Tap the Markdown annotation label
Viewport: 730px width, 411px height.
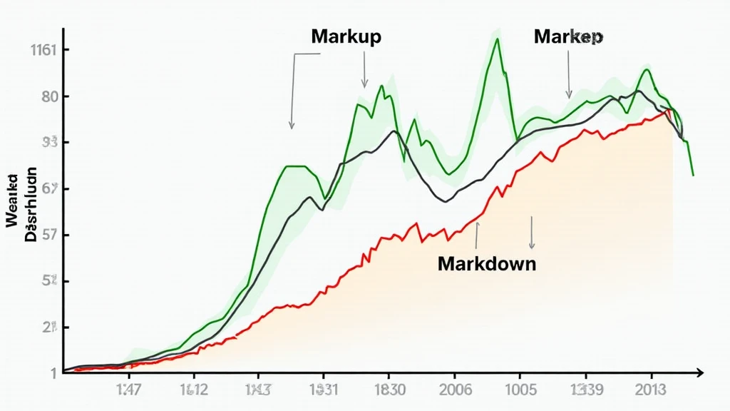487,263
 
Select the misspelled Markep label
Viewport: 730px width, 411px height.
568,37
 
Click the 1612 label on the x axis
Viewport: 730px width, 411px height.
193,390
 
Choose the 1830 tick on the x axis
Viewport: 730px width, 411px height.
389,390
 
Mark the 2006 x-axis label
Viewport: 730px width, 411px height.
454,390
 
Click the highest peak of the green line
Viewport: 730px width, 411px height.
497,39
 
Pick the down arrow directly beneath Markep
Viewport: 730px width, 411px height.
569,75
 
